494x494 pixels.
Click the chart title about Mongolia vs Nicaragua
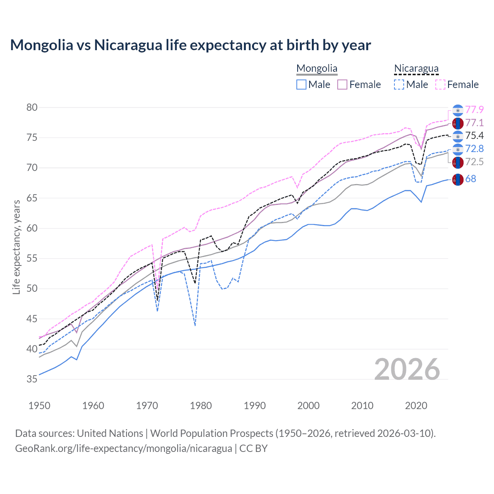[190, 45]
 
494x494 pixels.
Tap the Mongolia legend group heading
[317, 69]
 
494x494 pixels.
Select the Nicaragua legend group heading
[416, 69]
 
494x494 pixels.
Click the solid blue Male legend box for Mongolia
[301, 85]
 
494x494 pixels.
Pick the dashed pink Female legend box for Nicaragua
[440, 85]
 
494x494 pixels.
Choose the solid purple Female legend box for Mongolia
[342, 85]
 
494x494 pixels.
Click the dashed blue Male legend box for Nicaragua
[399, 85]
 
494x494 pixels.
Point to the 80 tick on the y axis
[32, 108]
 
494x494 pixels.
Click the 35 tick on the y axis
[32, 379]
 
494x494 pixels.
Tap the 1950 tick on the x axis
[39, 406]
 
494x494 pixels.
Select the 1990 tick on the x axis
[255, 406]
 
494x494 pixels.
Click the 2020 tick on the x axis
[416, 406]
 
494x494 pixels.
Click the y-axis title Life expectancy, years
[16, 247]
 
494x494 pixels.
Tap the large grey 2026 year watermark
[407, 369]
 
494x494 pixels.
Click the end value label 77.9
[474, 110]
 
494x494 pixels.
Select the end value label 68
[470, 179]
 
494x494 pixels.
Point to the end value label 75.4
[474, 136]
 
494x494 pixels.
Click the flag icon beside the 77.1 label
[458, 123]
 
